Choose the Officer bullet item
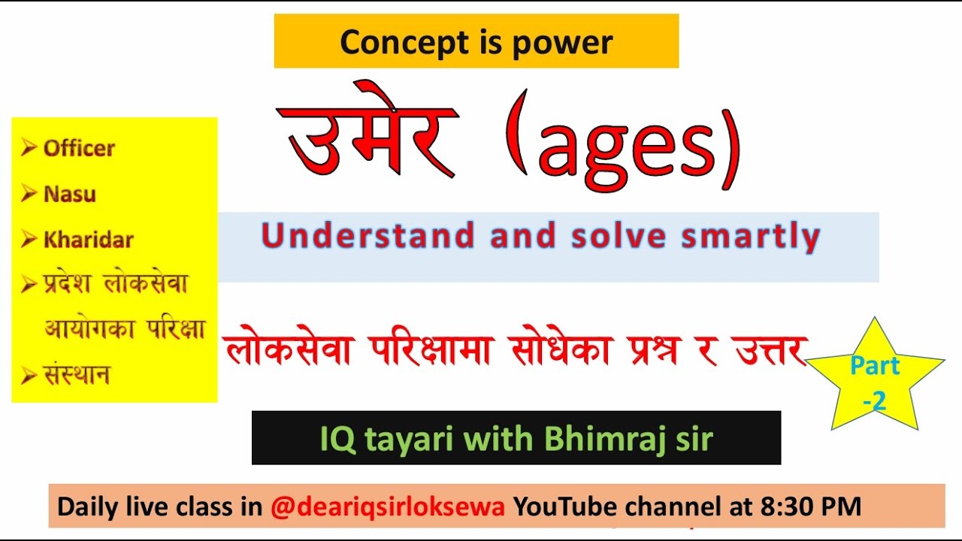point(79,148)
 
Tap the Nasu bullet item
point(70,194)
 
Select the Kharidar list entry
point(88,240)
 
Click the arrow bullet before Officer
point(29,148)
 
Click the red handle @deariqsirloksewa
point(388,506)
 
